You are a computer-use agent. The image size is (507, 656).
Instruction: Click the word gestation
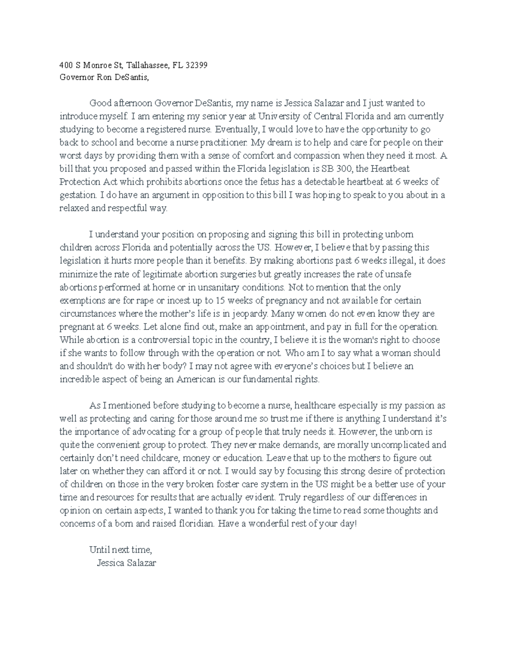[x=78, y=195]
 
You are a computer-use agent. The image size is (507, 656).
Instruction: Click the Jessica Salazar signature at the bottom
[x=126, y=563]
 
